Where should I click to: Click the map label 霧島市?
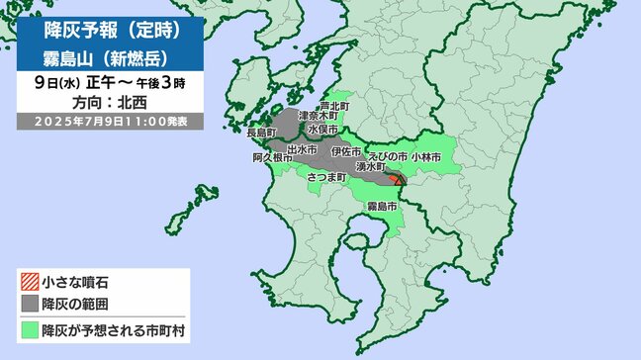(382, 206)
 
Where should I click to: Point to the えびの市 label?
(387, 156)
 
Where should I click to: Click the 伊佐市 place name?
(346, 148)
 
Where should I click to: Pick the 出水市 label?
(303, 148)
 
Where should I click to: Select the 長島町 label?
(258, 132)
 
